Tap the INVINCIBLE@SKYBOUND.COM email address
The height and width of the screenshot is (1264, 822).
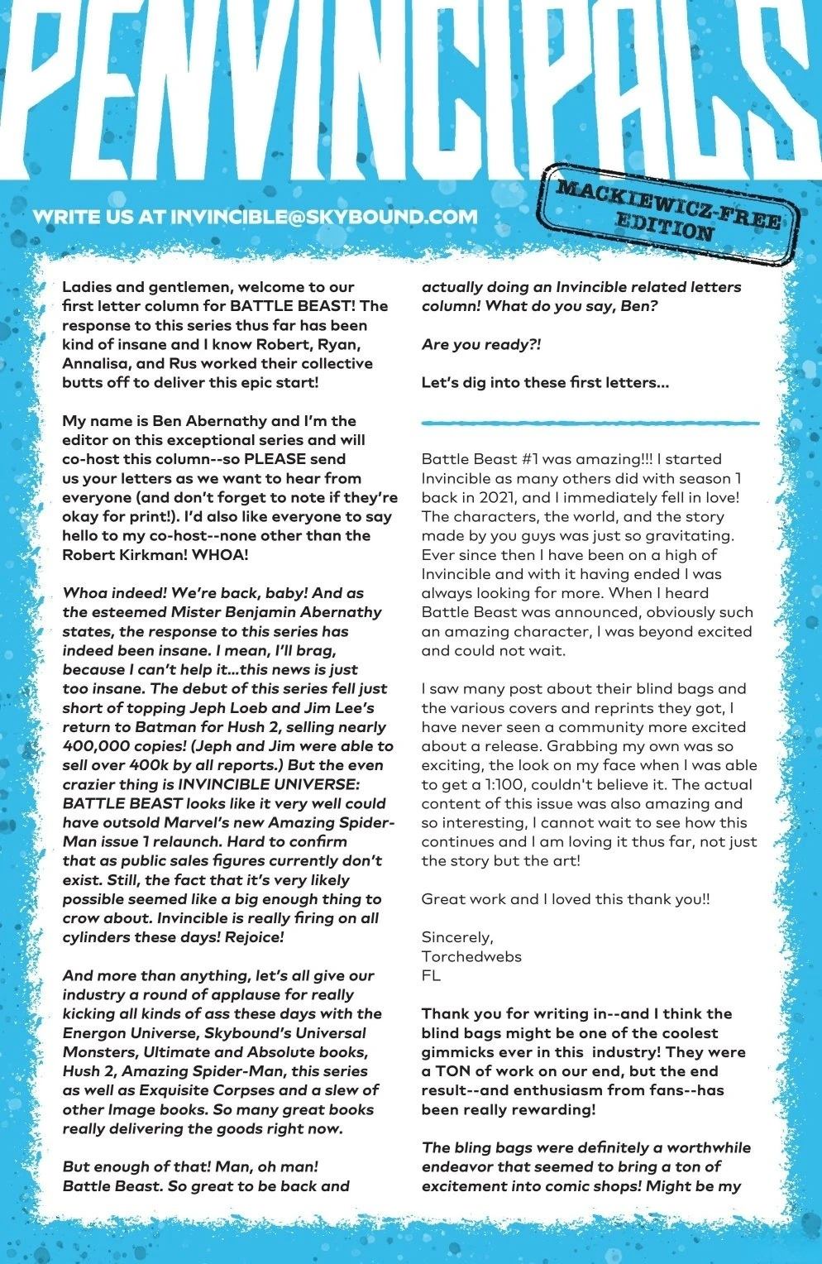point(324,218)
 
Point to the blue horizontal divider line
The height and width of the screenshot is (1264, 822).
point(590,424)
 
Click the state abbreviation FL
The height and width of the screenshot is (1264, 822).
point(431,975)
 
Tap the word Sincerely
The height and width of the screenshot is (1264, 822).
point(457,937)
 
